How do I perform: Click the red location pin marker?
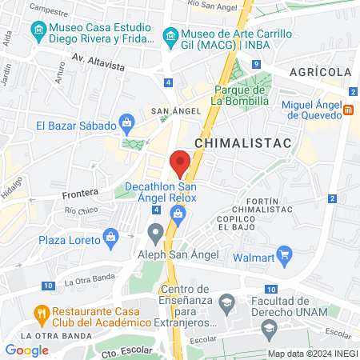coord(180,163)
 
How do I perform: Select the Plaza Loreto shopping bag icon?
coord(110,239)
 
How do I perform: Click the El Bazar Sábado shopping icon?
coord(126,123)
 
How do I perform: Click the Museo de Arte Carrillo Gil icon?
coord(170,36)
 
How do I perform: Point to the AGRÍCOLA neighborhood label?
coord(320,72)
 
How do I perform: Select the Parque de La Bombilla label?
coord(239,95)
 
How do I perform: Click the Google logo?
coord(27,350)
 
